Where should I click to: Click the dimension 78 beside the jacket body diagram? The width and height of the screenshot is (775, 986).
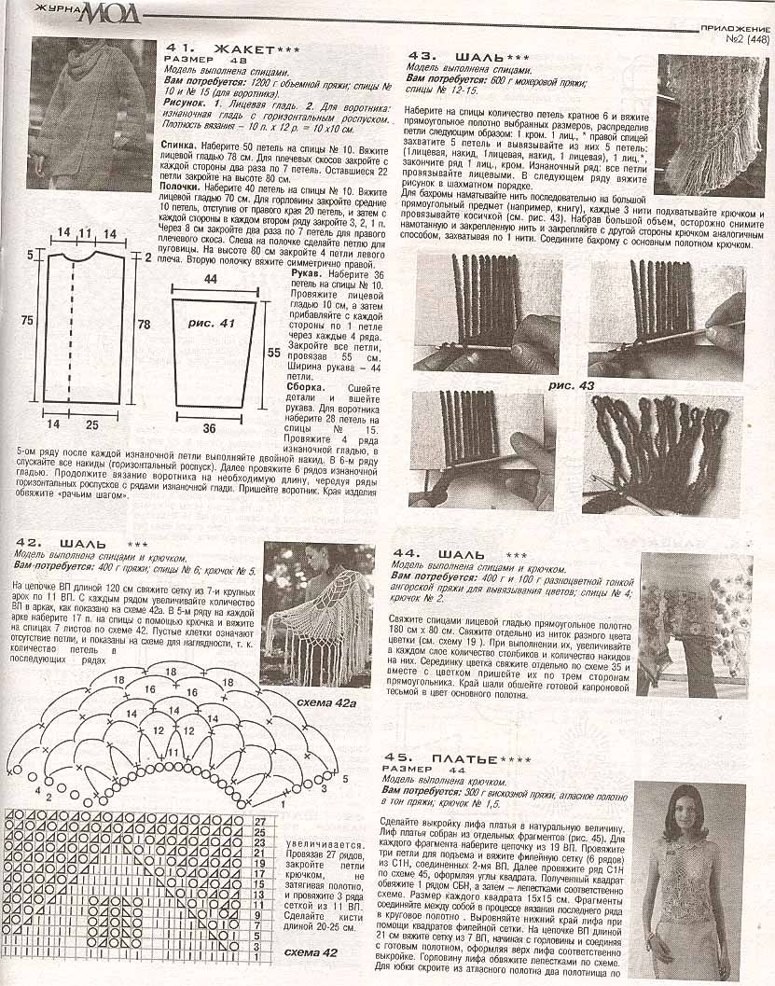click(x=143, y=323)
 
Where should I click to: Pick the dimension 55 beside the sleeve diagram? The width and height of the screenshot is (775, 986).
click(x=274, y=354)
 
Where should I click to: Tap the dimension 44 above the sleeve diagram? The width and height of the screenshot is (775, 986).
click(x=211, y=279)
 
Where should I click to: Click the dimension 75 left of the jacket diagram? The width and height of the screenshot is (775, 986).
click(x=28, y=320)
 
